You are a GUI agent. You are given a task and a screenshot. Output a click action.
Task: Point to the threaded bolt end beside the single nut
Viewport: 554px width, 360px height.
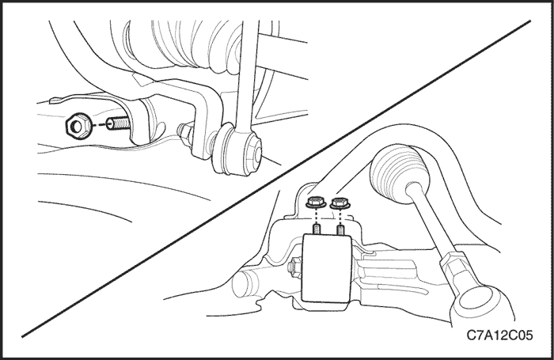point(118,124)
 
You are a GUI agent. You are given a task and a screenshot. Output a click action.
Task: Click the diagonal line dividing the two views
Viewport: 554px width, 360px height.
point(276,179)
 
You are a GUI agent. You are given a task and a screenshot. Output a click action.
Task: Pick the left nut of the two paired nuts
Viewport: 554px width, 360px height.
point(313,203)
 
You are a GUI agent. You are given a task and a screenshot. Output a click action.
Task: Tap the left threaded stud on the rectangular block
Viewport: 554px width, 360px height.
point(317,230)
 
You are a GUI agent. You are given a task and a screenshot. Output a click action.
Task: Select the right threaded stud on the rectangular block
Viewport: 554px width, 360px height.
point(340,230)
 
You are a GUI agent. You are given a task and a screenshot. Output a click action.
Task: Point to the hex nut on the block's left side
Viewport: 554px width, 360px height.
point(294,268)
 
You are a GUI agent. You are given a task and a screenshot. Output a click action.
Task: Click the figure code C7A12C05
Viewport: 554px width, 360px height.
point(499,335)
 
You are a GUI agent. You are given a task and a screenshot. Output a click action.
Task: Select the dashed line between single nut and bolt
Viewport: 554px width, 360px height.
point(98,125)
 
